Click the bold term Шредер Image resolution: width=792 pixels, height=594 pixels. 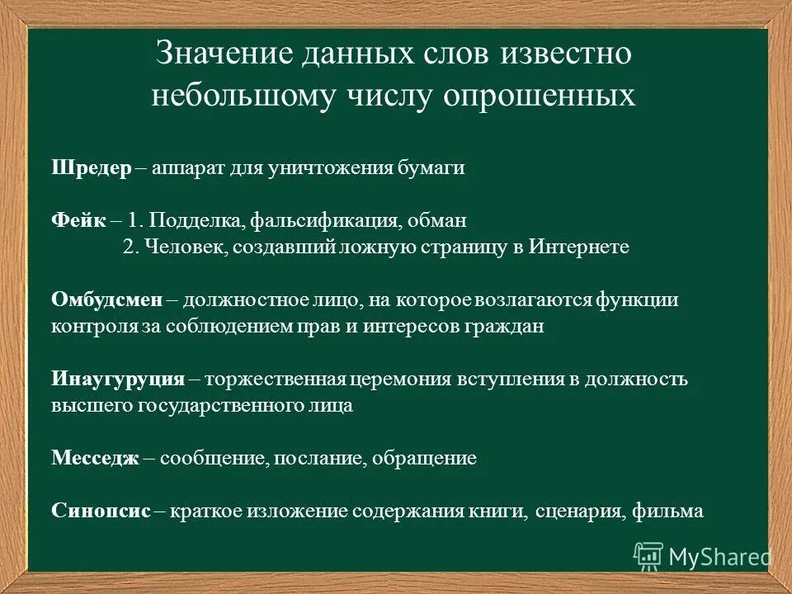coord(91,168)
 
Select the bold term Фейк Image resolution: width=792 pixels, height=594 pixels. coord(78,222)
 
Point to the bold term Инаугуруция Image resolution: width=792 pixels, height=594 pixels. coord(117,379)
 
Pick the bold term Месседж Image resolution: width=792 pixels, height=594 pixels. coord(96,459)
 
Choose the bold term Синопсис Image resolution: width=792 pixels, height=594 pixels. coord(101,511)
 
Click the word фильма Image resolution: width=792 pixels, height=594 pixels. coord(668,511)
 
